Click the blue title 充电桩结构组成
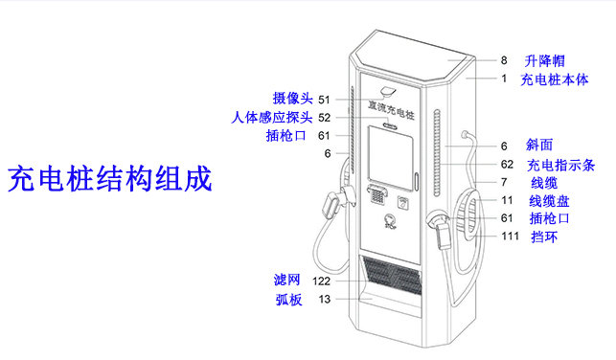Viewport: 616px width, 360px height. click(x=109, y=178)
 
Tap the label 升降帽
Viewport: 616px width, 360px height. click(x=544, y=60)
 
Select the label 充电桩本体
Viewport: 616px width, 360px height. click(x=555, y=79)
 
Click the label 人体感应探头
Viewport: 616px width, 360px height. click(x=272, y=117)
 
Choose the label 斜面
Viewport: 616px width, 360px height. click(x=539, y=146)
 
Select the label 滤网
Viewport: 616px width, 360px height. click(x=286, y=280)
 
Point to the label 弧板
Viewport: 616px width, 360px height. click(x=286, y=300)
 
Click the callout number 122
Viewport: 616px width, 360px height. click(x=321, y=281)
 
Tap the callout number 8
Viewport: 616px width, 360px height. click(x=504, y=60)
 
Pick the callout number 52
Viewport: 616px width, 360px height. click(x=325, y=117)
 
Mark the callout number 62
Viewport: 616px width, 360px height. click(x=506, y=165)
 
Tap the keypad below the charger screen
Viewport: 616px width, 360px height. click(x=377, y=197)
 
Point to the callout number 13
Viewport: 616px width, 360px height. click(x=325, y=300)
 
